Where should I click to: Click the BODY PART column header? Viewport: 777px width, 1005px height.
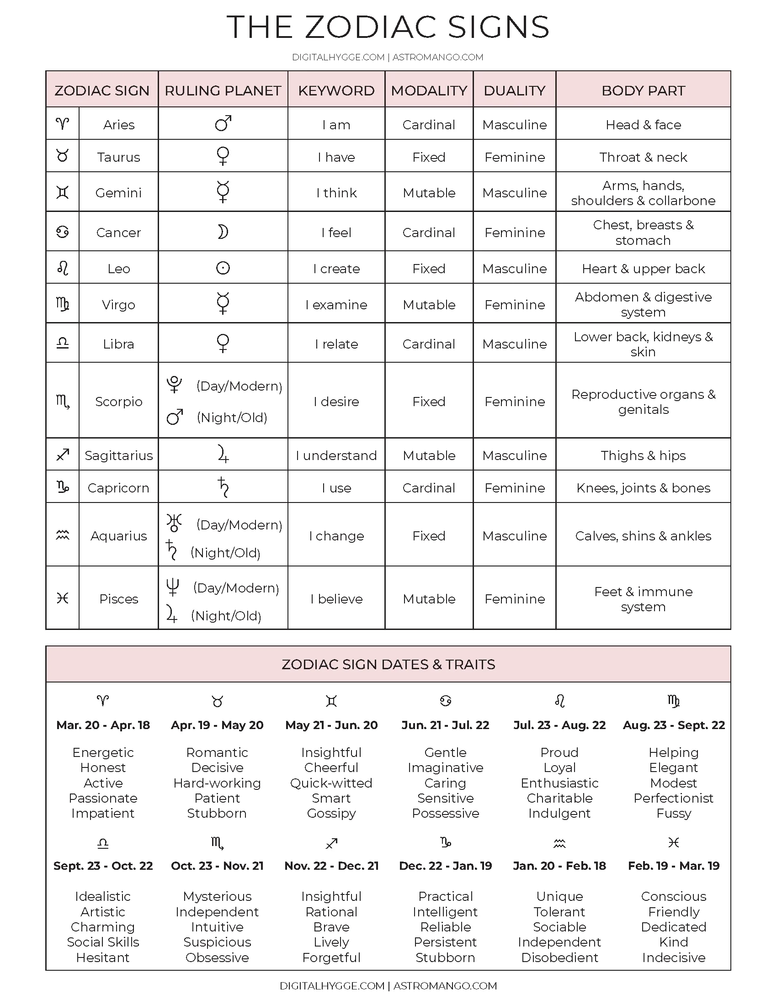[643, 90]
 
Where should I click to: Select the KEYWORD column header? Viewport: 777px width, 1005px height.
[336, 90]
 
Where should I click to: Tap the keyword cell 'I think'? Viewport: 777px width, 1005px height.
[336, 193]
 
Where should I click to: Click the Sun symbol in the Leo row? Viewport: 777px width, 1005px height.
[223, 268]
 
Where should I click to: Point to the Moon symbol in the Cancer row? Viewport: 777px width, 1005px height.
[223, 233]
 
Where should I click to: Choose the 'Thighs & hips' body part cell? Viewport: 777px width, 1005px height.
[643, 455]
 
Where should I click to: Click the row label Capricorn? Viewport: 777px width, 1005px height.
[118, 488]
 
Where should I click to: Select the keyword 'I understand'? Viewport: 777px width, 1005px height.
[336, 455]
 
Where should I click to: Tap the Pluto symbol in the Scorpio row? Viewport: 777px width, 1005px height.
[175, 385]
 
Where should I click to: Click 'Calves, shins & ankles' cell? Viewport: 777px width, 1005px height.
[643, 536]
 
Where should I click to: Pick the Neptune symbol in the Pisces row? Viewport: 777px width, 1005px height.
[172, 587]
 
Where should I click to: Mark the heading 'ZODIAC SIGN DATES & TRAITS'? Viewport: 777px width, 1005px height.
[388, 664]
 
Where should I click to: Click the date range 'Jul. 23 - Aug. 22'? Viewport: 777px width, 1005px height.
[559, 725]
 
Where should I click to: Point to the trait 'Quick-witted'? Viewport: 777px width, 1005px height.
[331, 783]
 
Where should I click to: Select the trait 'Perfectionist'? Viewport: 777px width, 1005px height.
[673, 798]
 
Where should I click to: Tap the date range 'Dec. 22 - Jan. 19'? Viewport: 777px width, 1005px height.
[445, 866]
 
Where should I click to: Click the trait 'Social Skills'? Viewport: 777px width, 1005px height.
[103, 942]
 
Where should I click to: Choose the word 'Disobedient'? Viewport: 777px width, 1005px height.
[559, 957]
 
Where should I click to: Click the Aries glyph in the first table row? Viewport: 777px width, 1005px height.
[63, 123]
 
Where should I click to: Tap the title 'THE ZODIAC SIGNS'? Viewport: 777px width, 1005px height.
[388, 26]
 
